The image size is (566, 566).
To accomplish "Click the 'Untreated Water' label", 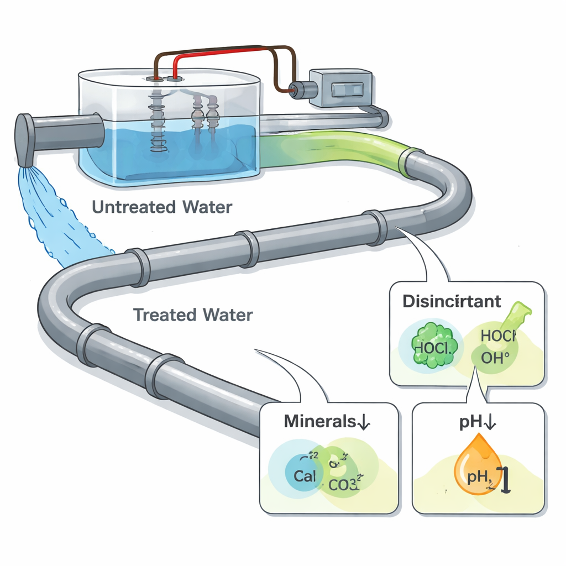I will (x=162, y=208).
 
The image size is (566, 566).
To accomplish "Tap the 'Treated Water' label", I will (x=193, y=315).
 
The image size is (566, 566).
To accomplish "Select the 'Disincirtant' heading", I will (x=452, y=302).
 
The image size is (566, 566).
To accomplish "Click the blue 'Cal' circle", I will (x=305, y=476).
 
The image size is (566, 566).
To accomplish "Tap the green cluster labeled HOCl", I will (x=433, y=345).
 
